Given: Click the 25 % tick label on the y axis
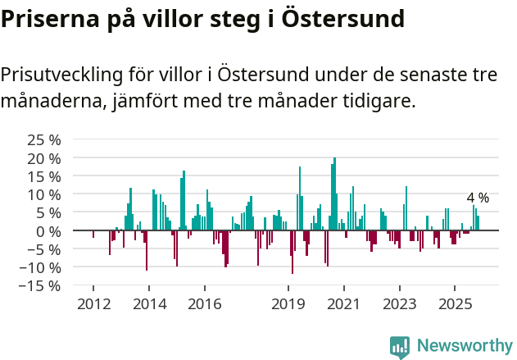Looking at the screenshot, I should pyautogui.click(x=44, y=139).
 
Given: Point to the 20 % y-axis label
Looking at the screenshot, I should pyautogui.click(x=44, y=157).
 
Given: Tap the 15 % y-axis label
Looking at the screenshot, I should pyautogui.click(x=44, y=176).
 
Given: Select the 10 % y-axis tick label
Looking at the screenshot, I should pyautogui.click(x=44, y=194).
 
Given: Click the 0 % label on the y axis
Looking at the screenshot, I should pyautogui.click(x=48, y=231).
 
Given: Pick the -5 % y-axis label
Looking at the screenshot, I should pyautogui.click(x=42, y=249).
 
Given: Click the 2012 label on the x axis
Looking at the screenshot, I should pyautogui.click(x=93, y=304).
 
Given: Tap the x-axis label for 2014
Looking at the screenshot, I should pyautogui.click(x=148, y=304).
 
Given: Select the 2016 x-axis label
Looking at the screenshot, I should pyautogui.click(x=204, y=304).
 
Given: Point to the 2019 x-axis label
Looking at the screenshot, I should pyautogui.click(x=288, y=304).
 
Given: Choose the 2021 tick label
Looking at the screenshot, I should pyautogui.click(x=343, y=304).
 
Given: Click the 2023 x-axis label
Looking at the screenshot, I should pyautogui.click(x=399, y=304).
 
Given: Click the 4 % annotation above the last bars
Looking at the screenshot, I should pyautogui.click(x=478, y=198).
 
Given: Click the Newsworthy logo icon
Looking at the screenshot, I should pyautogui.click(x=400, y=347).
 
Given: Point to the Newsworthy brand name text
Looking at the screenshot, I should pyautogui.click(x=465, y=347).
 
